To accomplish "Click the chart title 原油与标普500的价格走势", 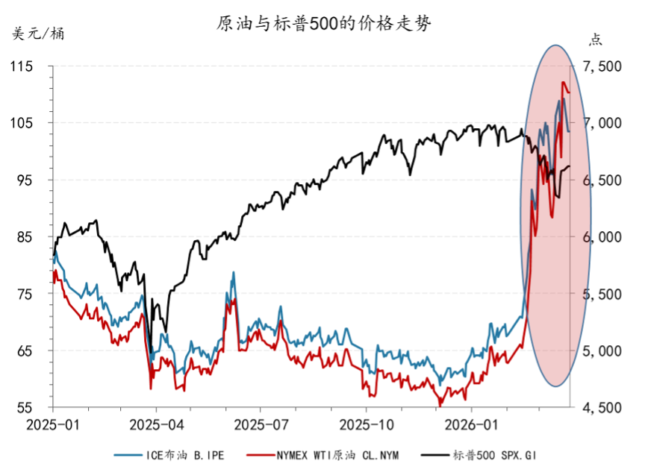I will click(x=324, y=24).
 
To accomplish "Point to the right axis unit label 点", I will click(x=595, y=39).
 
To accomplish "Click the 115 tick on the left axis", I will click(x=23, y=66).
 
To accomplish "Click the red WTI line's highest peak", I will click(x=564, y=83).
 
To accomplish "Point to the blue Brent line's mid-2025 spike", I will click(x=234, y=273).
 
